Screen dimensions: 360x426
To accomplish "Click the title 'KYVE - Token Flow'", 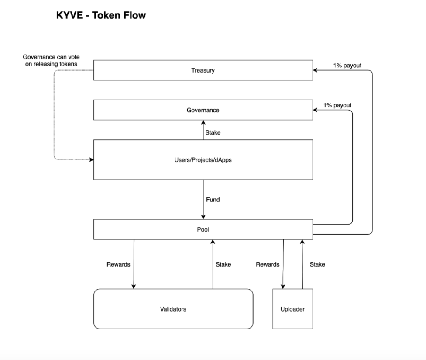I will click(x=101, y=16).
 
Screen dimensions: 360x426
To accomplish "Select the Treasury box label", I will click(x=203, y=70).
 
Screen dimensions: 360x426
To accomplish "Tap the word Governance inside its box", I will click(x=203, y=110).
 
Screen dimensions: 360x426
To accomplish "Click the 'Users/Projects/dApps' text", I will click(x=203, y=160).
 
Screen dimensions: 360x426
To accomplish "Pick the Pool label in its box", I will click(x=203, y=229).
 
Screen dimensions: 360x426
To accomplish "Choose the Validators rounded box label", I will click(x=173, y=309).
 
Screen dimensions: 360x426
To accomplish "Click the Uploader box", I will click(x=292, y=309).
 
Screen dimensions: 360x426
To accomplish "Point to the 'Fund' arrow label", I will click(x=213, y=200).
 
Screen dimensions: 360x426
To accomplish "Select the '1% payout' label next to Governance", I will click(x=337, y=106).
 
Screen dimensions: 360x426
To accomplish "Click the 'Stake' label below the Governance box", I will click(x=213, y=132).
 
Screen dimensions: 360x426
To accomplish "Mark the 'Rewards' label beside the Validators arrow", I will click(x=118, y=264).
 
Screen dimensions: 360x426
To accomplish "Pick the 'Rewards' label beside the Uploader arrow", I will click(x=268, y=264).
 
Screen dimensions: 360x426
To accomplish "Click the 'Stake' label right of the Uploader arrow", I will click(x=317, y=264).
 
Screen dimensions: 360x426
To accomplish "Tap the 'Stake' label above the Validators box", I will click(x=223, y=264).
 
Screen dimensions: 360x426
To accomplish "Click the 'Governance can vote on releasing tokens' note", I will click(x=52, y=61).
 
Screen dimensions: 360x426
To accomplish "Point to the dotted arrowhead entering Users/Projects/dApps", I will click(x=91, y=160).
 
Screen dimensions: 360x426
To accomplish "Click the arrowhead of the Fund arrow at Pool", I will click(x=203, y=217).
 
